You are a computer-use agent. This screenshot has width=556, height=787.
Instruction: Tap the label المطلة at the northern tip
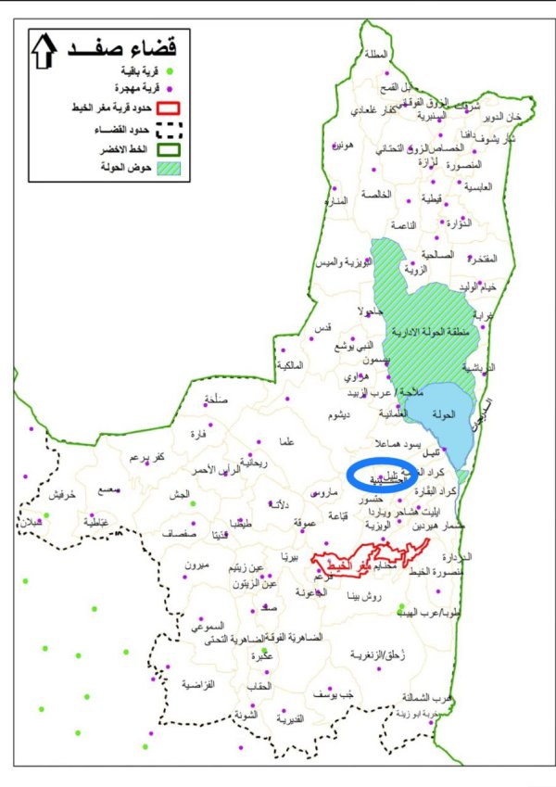click(377, 55)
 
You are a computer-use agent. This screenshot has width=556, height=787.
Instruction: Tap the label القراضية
click(198, 684)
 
